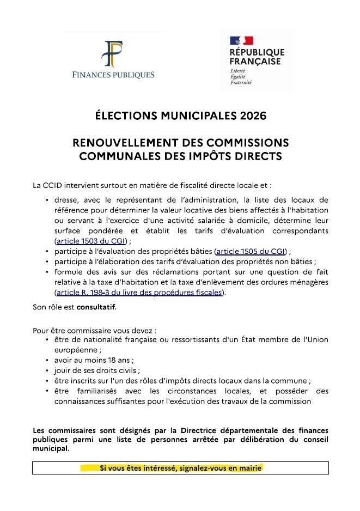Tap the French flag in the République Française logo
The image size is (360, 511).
click(x=241, y=41)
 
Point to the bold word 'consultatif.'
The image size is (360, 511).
click(x=96, y=307)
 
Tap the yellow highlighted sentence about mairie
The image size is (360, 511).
click(x=180, y=468)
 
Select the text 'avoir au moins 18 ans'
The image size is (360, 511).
click(x=93, y=360)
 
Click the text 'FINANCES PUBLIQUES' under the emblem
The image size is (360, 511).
click(x=113, y=75)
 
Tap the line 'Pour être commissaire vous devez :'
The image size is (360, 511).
click(x=94, y=330)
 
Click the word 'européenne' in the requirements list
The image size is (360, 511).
click(x=74, y=350)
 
